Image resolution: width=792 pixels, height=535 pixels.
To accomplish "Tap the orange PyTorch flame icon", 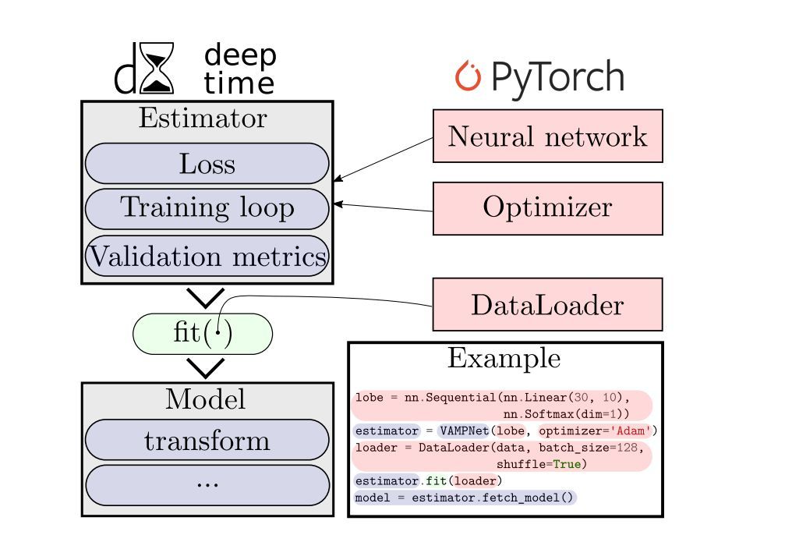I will pyautogui.click(x=468, y=76).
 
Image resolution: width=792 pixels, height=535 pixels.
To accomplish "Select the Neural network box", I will pyautogui.click(x=547, y=136).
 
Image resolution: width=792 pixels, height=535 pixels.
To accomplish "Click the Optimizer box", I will pyautogui.click(x=547, y=208).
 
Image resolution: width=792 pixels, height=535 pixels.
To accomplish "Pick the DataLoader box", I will pyautogui.click(x=547, y=305).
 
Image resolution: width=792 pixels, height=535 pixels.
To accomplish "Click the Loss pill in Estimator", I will pyautogui.click(x=207, y=164).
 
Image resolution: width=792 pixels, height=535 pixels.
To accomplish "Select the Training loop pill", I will pyautogui.click(x=207, y=208).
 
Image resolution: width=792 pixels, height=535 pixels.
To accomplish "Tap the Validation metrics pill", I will pyautogui.click(x=207, y=257).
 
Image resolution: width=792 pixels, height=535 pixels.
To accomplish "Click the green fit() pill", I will pyautogui.click(x=203, y=334).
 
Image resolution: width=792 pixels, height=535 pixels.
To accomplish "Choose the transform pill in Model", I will pyautogui.click(x=207, y=441).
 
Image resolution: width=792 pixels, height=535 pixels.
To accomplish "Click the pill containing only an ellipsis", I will pyautogui.click(x=207, y=484).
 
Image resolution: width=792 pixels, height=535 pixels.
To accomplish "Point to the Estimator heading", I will pyautogui.click(x=202, y=119).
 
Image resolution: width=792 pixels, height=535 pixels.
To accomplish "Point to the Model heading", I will pyautogui.click(x=205, y=399).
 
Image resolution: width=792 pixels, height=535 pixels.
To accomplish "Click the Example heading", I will pyautogui.click(x=504, y=358).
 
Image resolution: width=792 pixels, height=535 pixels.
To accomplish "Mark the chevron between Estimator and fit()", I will pyautogui.click(x=206, y=297).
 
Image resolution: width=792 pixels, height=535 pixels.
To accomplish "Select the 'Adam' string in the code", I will pyautogui.click(x=630, y=430).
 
